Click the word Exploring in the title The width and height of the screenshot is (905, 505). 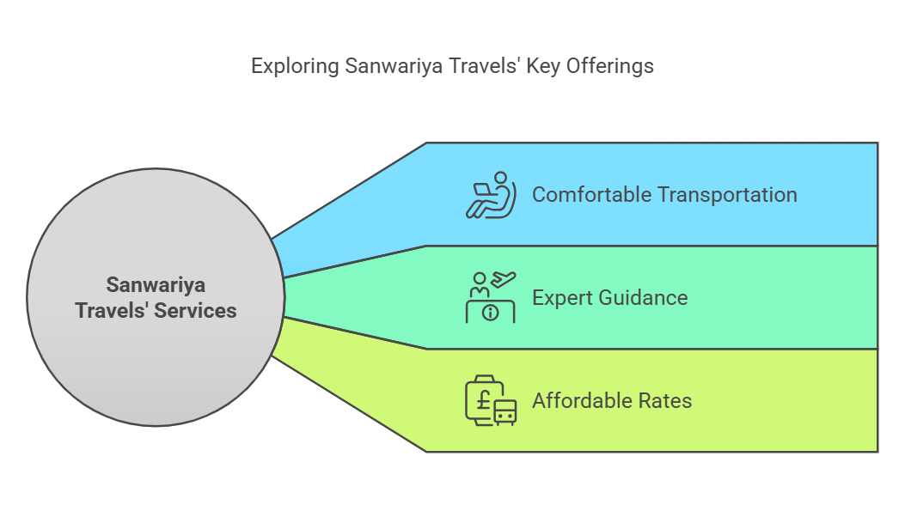point(295,66)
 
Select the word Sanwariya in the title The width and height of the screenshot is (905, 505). point(394,66)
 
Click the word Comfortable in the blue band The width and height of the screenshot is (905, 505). point(591,195)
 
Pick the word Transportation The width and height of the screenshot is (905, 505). point(727,195)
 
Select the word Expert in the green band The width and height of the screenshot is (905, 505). point(562,298)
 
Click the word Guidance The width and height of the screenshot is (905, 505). point(643,297)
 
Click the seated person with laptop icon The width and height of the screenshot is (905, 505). point(491,195)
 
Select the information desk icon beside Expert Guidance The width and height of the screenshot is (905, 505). point(491,297)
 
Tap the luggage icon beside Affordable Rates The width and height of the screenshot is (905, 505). point(491,401)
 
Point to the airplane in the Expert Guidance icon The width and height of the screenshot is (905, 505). point(504,279)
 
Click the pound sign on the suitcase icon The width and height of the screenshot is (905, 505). point(484,399)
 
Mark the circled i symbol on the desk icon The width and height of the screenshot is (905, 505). point(491,313)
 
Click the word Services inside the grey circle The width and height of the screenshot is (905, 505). point(196,311)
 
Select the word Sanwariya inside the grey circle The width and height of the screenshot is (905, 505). point(156,285)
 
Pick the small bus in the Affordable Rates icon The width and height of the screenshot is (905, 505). point(505,413)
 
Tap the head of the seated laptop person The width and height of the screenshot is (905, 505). point(500,178)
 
